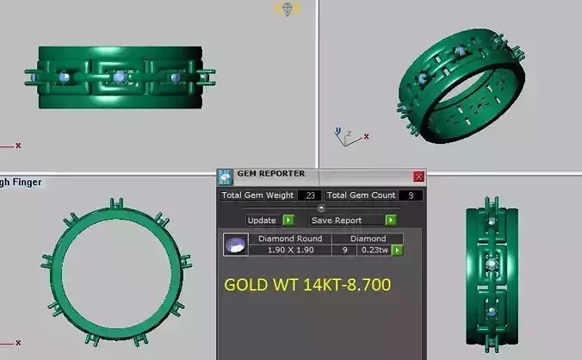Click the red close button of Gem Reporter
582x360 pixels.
point(418,177)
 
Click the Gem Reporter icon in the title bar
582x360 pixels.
point(225,176)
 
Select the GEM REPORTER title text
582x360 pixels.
point(270,175)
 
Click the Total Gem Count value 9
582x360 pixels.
point(411,196)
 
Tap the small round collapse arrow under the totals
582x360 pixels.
point(321,208)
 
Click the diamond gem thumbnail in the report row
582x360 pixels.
point(232,245)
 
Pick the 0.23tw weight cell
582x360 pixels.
point(374,251)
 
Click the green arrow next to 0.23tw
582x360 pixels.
point(398,251)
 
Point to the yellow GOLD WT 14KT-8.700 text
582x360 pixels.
point(307,285)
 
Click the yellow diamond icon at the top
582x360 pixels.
point(288,9)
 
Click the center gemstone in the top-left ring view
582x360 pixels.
point(119,78)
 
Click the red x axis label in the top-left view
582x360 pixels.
point(17,146)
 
